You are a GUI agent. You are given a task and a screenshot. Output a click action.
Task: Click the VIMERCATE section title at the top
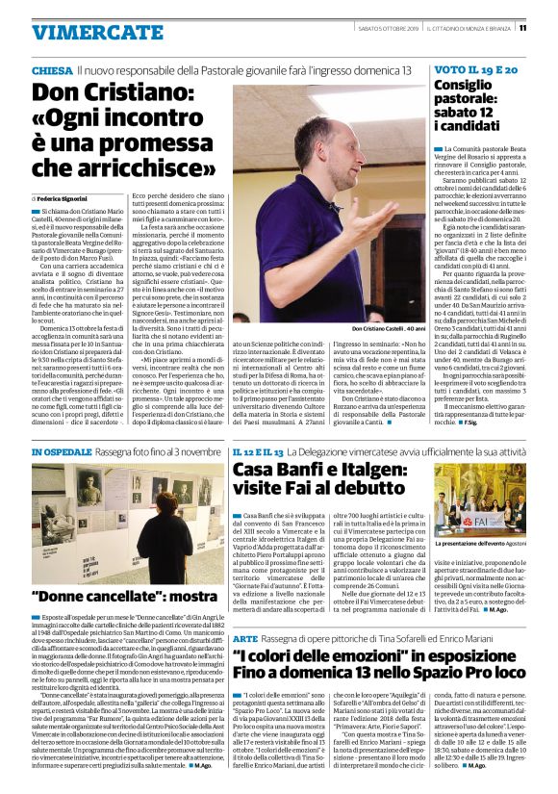pyautogui.click(x=84, y=32)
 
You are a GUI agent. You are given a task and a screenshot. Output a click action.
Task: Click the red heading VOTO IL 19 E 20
pyautogui.click(x=462, y=71)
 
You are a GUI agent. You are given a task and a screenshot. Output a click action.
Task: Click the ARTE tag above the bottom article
pyautogui.click(x=245, y=639)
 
